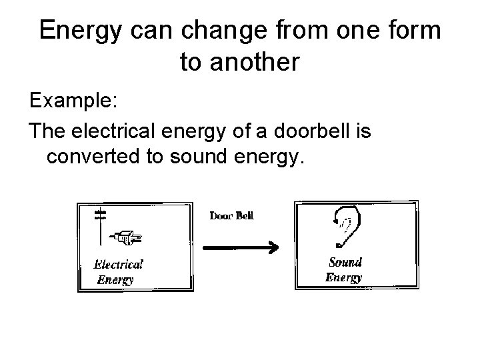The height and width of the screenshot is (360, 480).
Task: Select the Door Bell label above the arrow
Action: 231,215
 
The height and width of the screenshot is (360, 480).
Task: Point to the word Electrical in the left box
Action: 118,265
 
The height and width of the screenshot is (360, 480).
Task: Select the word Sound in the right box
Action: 344,262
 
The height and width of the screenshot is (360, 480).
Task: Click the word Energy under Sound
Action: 343,277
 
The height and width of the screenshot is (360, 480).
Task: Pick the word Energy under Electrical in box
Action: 115,279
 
